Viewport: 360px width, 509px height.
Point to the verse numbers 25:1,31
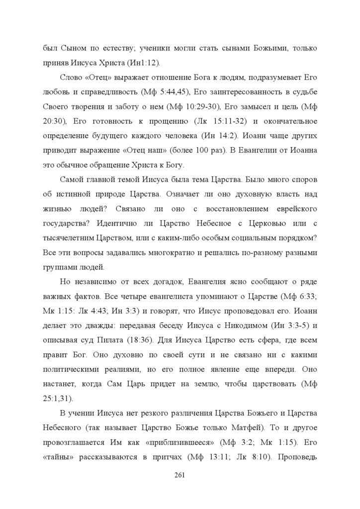(x=55, y=399)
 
